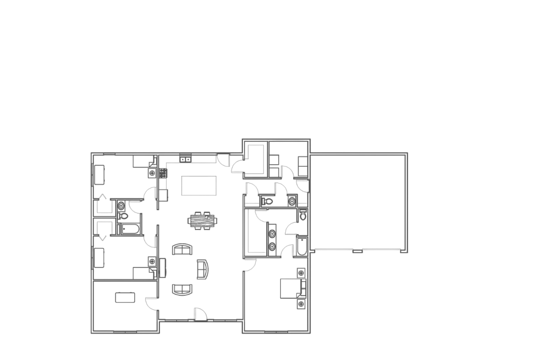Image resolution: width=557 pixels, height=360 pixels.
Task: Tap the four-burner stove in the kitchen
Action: [x=163, y=173]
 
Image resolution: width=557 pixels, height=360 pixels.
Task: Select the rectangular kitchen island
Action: [x=198, y=186]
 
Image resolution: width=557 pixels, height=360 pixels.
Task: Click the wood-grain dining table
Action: [x=202, y=220]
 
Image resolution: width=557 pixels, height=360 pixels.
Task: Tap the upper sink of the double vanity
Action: [x=272, y=234]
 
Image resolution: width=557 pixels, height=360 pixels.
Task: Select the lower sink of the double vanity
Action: [x=272, y=246]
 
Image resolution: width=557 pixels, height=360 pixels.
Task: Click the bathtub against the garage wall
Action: [x=301, y=246]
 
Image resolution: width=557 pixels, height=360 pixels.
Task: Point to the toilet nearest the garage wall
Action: [x=302, y=216]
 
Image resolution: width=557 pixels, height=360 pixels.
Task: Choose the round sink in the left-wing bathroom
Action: [x=121, y=205]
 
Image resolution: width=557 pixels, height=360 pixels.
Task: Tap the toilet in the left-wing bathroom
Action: [x=124, y=216]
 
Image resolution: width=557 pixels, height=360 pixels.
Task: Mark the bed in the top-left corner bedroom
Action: [x=101, y=174]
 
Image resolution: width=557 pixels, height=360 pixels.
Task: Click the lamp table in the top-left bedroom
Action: [x=152, y=173]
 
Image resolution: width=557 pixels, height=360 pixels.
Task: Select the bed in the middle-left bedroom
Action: [x=100, y=257]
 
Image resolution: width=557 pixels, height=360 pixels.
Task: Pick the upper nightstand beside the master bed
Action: [x=301, y=273]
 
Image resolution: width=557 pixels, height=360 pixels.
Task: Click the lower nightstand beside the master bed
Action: [x=301, y=303]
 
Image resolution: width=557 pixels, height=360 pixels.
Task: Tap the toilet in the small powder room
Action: [x=267, y=201]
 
